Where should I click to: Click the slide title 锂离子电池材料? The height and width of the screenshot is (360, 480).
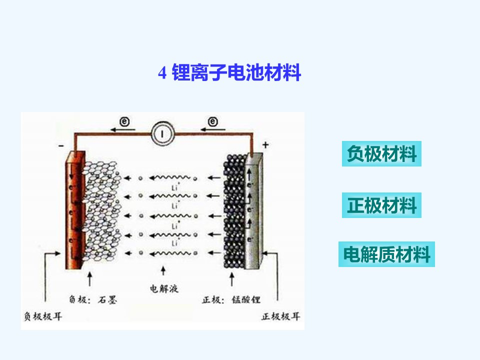(236, 72)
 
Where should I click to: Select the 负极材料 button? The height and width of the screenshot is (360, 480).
(381, 153)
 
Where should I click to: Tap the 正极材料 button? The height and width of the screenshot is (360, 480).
(381, 205)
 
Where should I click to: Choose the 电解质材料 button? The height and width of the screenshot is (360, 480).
(386, 254)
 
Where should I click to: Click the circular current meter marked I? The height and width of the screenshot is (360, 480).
(162, 133)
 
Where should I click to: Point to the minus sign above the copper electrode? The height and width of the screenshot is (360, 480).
(61, 145)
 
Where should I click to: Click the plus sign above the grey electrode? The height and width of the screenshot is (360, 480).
(265, 145)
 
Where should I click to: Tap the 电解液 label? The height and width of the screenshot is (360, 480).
(164, 288)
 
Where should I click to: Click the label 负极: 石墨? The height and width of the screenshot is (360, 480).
(93, 299)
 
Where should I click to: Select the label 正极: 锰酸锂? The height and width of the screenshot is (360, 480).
(231, 299)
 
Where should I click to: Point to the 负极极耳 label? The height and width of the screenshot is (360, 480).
(43, 316)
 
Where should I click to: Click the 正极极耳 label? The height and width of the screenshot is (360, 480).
(280, 316)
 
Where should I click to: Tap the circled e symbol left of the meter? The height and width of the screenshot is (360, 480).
(124, 121)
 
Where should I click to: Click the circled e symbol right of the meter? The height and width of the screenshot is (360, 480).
(213, 121)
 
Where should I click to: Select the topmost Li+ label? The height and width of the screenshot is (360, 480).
(175, 186)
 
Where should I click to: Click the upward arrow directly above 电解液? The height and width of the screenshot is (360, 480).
(163, 270)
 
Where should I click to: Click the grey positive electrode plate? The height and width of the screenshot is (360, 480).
(254, 210)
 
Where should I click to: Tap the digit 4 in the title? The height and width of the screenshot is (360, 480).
(162, 73)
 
